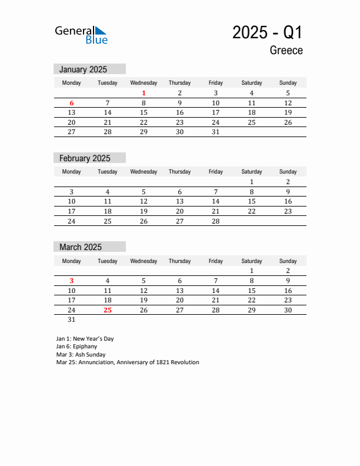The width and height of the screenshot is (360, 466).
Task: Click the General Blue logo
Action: (81, 35)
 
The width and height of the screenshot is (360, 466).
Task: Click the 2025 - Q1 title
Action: (267, 32)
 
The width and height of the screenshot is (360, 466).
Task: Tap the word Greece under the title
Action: (286, 51)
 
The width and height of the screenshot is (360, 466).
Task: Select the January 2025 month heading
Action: (83, 69)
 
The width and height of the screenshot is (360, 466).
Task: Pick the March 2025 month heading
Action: (80, 247)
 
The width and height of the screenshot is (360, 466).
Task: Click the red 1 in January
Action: (144, 93)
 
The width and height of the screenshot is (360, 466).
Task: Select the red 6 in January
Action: (72, 103)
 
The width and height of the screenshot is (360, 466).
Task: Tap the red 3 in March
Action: (72, 281)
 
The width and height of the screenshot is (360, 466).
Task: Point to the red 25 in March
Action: (108, 310)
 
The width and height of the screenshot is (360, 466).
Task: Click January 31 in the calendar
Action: (215, 132)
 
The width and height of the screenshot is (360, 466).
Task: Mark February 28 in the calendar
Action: (215, 221)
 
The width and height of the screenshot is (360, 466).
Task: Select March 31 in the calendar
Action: (72, 320)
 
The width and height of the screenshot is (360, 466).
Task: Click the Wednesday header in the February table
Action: (144, 172)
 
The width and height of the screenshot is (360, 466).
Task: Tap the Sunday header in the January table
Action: (288, 83)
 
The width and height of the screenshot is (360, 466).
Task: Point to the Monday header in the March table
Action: (72, 261)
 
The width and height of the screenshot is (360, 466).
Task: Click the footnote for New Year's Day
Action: (85, 339)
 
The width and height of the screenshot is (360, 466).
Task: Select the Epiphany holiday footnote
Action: (77, 347)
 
